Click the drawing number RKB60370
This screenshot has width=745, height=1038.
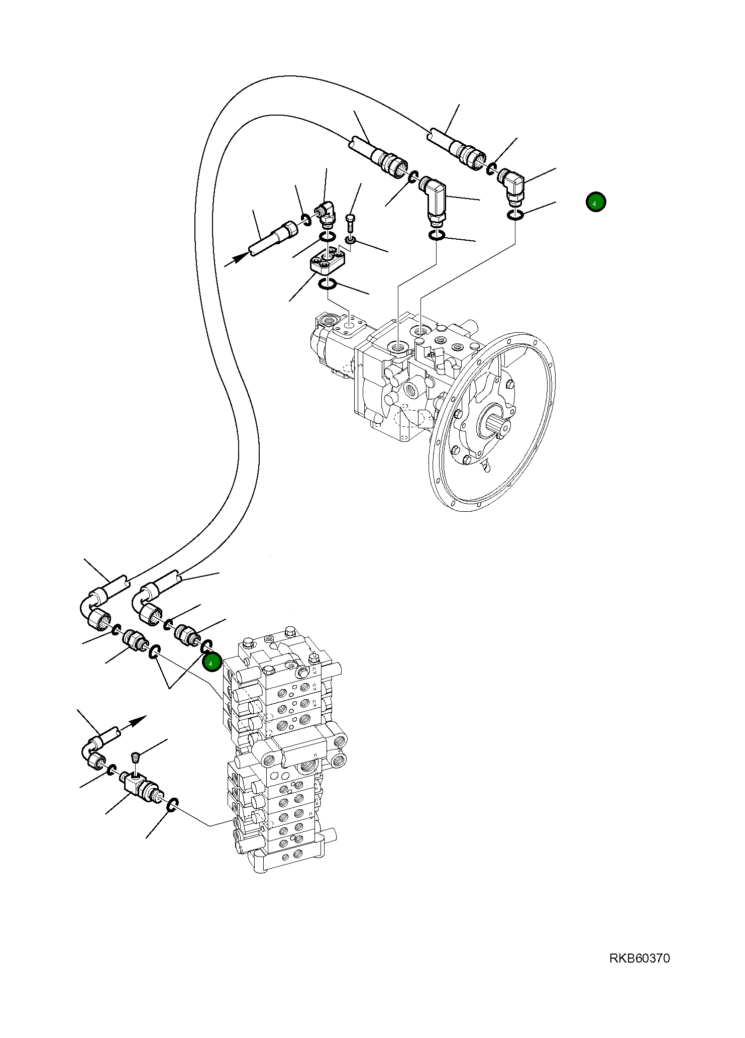click(639, 959)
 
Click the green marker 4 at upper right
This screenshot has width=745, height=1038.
click(595, 202)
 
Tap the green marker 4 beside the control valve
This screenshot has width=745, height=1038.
click(211, 663)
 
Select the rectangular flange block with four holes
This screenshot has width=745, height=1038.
click(327, 264)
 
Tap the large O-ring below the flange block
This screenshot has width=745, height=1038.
click(327, 285)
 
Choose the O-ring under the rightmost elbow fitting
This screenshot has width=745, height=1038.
click(515, 215)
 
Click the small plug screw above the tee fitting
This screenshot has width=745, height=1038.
click(134, 757)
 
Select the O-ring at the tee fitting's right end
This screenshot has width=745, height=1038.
click(172, 805)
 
